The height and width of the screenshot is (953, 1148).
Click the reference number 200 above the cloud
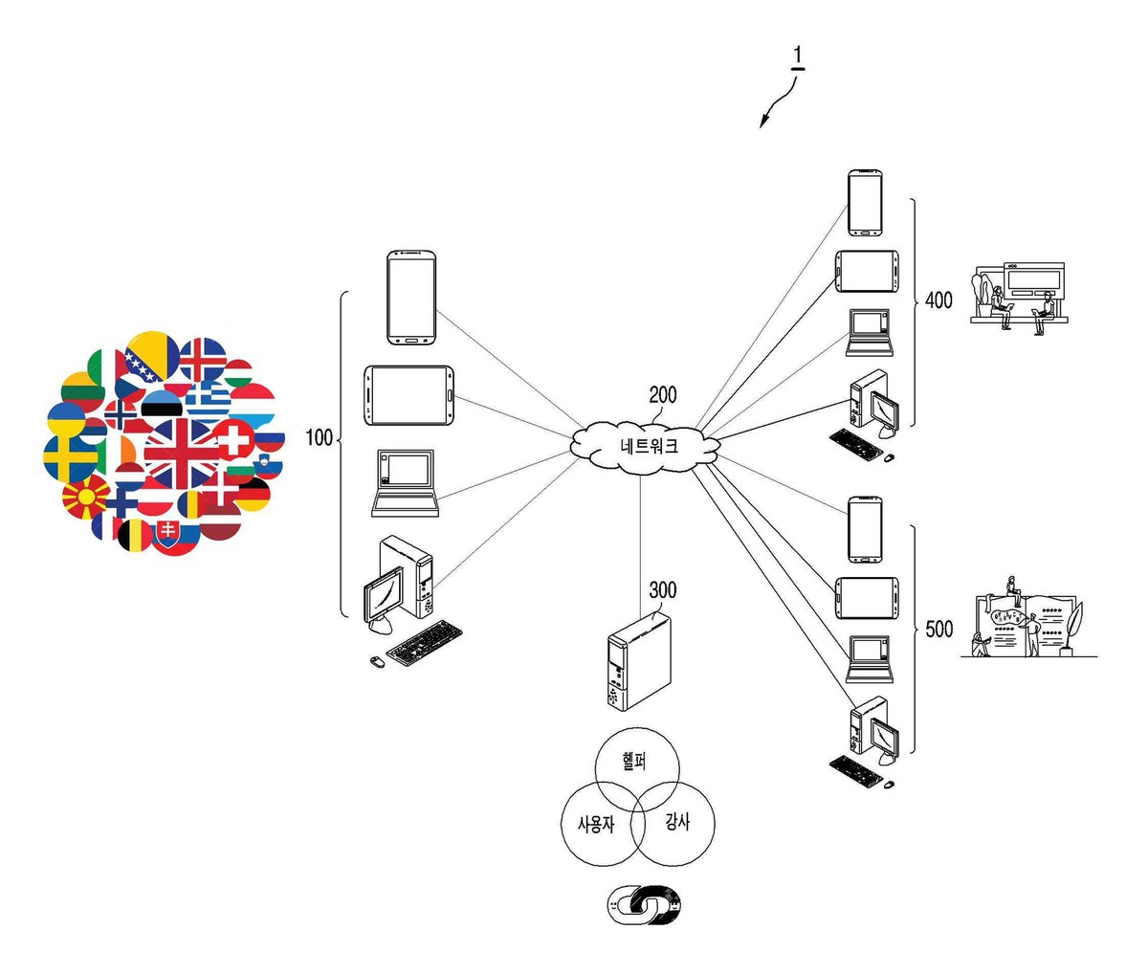click(663, 395)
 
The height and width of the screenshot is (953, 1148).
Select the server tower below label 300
click(639, 662)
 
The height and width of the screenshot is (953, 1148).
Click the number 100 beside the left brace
click(319, 437)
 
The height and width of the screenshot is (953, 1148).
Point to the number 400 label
click(938, 300)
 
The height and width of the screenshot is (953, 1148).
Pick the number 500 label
click(939, 629)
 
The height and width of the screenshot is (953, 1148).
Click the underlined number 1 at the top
click(798, 57)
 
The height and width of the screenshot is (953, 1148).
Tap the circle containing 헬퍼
click(637, 770)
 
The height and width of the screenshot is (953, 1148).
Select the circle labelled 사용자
click(603, 824)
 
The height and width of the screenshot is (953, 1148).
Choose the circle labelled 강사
click(673, 823)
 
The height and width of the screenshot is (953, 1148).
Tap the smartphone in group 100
click(411, 298)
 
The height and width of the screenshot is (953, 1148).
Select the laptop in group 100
click(406, 483)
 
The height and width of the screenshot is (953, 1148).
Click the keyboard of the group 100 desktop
click(424, 643)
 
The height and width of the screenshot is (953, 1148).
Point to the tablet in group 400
click(867, 272)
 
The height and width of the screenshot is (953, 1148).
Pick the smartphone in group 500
click(865, 529)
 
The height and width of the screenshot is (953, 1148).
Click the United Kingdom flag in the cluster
click(182, 454)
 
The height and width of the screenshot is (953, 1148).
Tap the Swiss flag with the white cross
click(233, 439)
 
